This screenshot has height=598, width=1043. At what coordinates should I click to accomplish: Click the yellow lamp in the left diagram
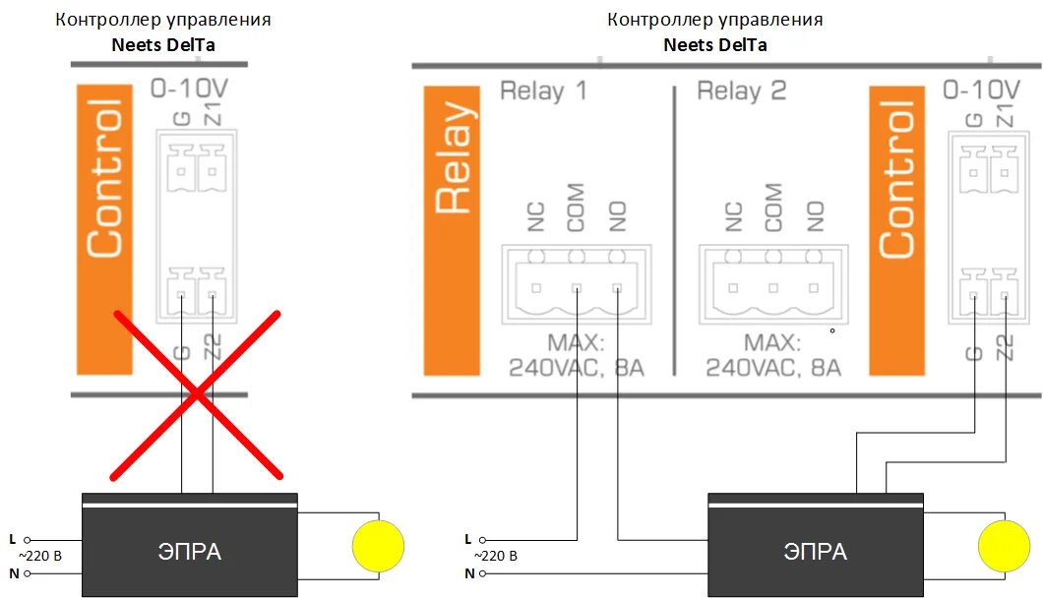(379, 545)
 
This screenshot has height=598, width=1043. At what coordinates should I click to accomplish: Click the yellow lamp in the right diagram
(1004, 545)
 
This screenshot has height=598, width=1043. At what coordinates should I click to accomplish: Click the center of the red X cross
(198, 394)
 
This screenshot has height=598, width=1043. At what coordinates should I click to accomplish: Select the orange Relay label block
(453, 231)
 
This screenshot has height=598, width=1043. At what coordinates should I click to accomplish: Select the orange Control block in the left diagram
(103, 231)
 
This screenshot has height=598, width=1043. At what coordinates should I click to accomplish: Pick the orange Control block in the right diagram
(896, 231)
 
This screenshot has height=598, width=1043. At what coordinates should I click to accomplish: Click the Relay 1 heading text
(543, 91)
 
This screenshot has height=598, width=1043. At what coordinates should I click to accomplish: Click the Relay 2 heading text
(742, 91)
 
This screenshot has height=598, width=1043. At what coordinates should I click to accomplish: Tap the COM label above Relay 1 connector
(576, 208)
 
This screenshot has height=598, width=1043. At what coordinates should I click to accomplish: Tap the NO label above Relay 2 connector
(815, 215)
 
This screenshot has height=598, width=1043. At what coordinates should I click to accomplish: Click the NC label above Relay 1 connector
(535, 216)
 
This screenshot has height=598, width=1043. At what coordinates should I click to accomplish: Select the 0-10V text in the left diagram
(189, 90)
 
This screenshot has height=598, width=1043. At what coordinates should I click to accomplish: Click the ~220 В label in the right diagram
(496, 556)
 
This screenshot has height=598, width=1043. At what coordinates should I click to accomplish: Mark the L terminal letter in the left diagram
(12, 539)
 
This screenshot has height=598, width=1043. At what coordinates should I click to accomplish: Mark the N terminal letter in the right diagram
(468, 572)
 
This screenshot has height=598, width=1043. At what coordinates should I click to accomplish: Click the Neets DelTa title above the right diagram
(715, 44)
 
